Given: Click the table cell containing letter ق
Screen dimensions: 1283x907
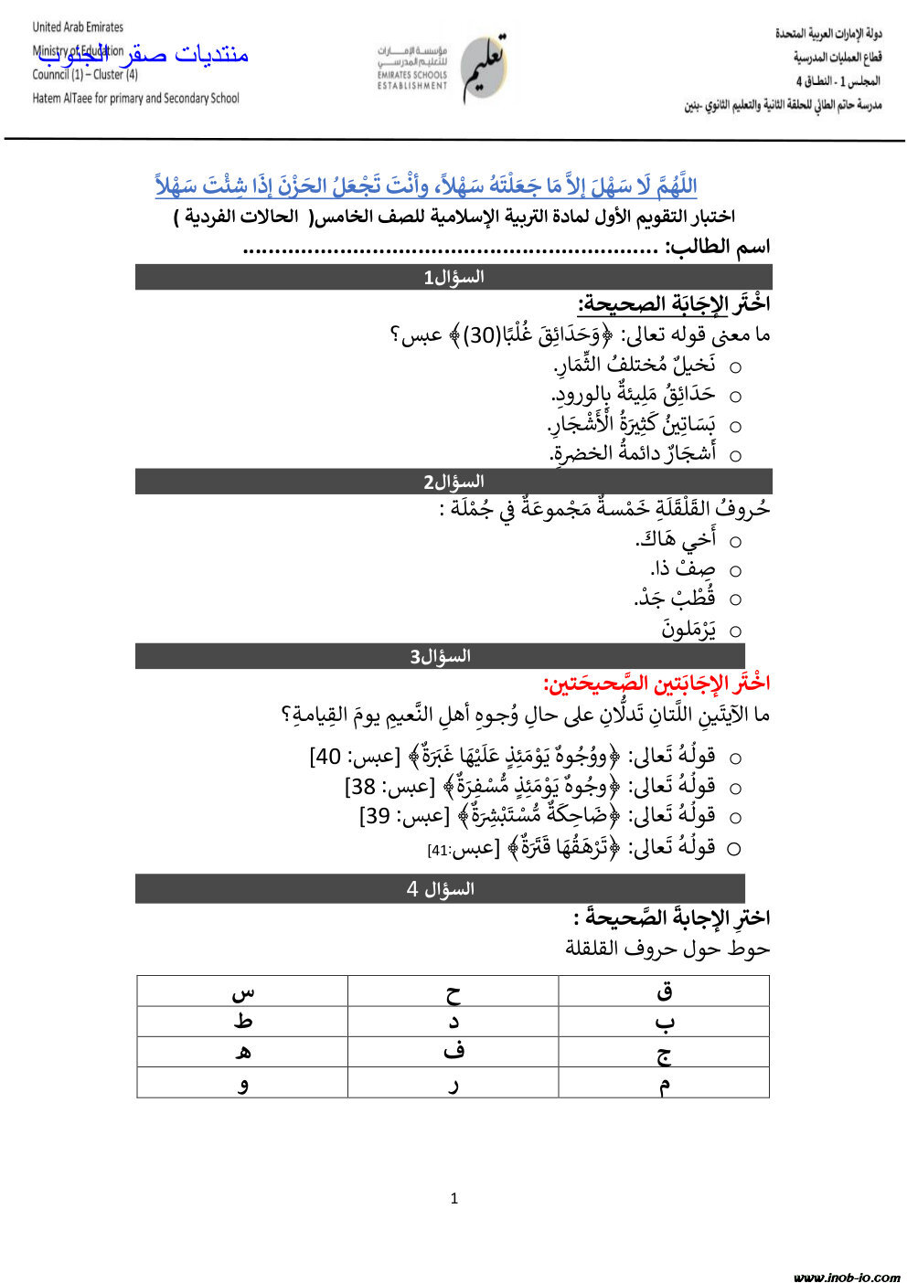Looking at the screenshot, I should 664,991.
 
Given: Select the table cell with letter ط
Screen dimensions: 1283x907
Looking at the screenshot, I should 242,1022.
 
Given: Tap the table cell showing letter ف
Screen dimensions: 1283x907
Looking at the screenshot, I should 453,1052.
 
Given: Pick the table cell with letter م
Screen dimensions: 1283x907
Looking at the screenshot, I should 664,1083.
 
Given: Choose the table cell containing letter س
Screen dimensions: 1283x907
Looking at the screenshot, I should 242,991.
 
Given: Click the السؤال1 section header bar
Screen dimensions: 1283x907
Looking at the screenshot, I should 453,277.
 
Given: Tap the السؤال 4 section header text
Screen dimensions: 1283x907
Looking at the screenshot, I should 440,888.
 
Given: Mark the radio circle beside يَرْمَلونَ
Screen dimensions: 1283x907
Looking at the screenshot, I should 735,631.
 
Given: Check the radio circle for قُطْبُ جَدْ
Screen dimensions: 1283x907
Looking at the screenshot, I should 735,600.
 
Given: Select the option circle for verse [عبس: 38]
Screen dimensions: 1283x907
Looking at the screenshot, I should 735,787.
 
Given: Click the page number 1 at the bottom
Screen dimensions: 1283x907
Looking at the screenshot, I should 453,1198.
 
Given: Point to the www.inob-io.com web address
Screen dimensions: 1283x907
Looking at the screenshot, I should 847,1277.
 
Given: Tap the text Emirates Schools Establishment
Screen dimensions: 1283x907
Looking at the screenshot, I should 412,80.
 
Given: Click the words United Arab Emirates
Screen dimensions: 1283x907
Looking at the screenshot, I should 78,27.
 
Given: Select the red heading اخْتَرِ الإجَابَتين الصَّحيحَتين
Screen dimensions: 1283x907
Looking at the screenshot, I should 656,683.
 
